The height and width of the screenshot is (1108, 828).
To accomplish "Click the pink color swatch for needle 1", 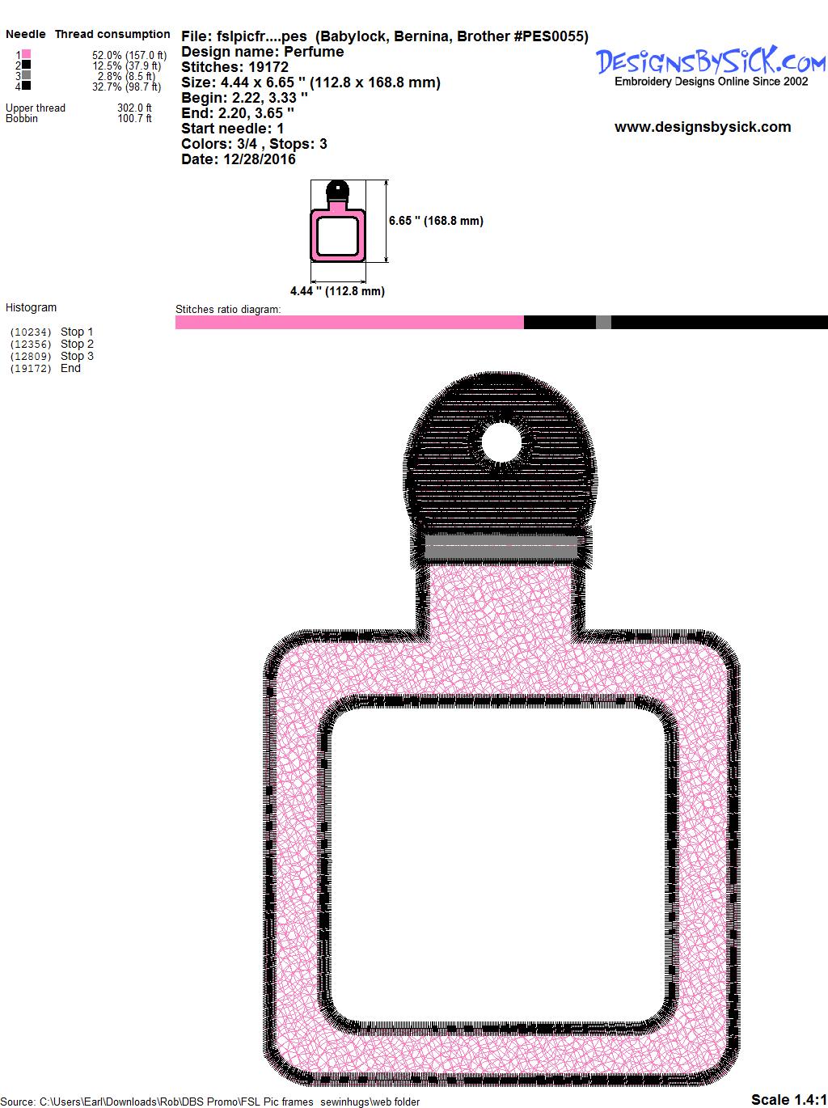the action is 26,54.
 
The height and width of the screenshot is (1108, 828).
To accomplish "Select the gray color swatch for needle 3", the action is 26,75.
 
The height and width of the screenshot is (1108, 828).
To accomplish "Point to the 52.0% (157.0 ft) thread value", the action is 129,55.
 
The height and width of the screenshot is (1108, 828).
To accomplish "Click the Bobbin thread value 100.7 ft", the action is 135,119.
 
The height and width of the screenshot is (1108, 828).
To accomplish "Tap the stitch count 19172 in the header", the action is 268,67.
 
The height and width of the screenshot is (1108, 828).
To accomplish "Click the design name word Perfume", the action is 314,52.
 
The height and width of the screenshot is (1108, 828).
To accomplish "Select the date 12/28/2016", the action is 260,159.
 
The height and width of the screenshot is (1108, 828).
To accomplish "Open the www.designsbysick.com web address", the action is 703,127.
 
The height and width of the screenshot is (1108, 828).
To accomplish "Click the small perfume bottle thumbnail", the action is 337,221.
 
